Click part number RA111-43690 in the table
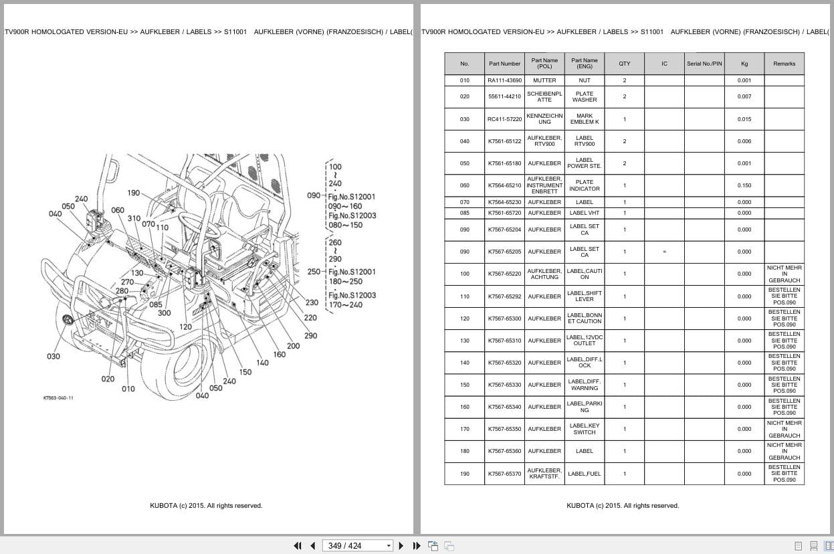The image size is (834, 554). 504,80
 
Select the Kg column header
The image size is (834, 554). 744,64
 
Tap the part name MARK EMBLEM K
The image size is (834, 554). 584,119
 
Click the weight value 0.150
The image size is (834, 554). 744,185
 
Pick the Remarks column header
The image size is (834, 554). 784,64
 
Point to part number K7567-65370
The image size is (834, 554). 504,474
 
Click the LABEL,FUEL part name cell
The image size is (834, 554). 584,474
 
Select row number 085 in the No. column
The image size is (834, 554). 464,213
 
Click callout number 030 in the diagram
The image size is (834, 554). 53,357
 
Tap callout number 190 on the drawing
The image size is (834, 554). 134,193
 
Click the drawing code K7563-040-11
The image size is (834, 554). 58,398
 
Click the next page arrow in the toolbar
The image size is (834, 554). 401,545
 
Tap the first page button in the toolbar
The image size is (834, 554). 298,545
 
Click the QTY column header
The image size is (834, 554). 624,64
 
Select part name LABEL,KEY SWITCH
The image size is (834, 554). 584,429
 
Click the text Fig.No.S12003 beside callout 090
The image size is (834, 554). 352,215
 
